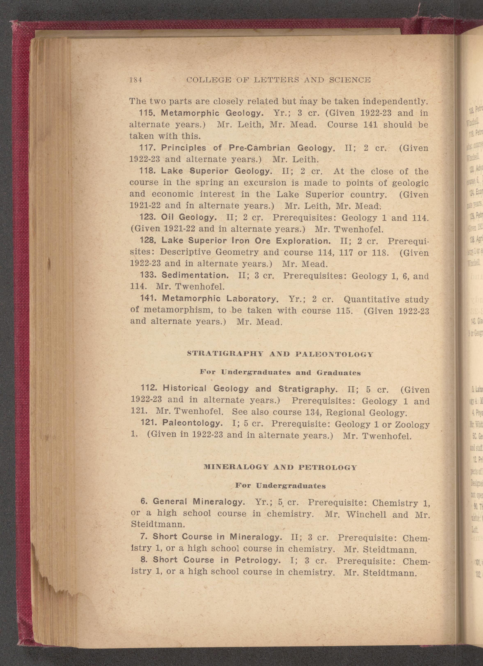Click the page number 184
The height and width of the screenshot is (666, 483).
pyautogui.click(x=136, y=80)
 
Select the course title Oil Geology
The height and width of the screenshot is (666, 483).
pyautogui.click(x=189, y=218)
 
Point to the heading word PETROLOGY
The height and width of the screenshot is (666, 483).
pyautogui.click(x=327, y=467)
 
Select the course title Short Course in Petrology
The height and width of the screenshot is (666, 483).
pyautogui.click(x=216, y=560)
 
